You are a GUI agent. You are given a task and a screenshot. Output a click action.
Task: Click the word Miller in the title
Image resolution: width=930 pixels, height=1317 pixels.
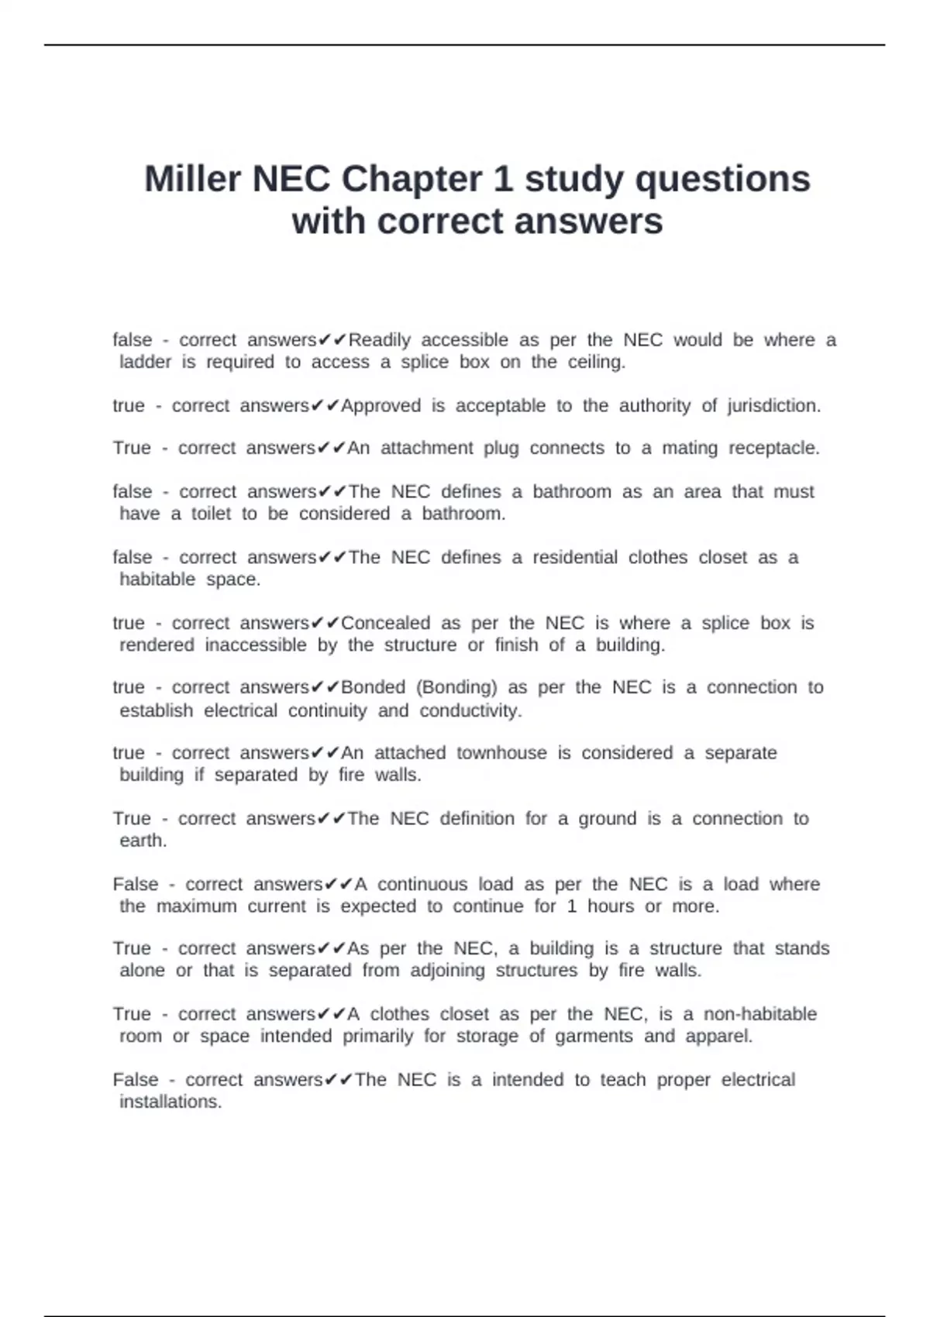pyautogui.click(x=193, y=179)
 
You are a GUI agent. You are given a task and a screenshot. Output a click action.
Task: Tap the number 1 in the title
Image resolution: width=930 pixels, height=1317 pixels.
pyautogui.click(x=503, y=179)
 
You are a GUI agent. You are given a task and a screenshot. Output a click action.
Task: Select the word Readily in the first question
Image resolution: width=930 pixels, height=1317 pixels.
pyautogui.click(x=379, y=340)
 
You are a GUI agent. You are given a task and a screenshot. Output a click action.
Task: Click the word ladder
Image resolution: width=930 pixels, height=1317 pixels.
pyautogui.click(x=145, y=362)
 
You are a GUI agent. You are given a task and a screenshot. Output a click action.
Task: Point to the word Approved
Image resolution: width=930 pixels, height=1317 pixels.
pyautogui.click(x=381, y=406)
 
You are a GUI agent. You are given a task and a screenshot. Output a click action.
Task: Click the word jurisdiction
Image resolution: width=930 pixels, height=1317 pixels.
pyautogui.click(x=773, y=406)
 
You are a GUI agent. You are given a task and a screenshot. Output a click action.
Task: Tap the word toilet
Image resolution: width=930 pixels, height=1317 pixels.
pyautogui.click(x=211, y=514)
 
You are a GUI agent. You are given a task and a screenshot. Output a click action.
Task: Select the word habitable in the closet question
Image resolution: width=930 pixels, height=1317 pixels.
pyautogui.click(x=157, y=579)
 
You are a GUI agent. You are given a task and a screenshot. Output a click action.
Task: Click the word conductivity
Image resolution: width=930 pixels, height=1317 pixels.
pyautogui.click(x=470, y=710)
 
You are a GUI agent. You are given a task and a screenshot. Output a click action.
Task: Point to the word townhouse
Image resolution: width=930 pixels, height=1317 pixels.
pyautogui.click(x=501, y=753)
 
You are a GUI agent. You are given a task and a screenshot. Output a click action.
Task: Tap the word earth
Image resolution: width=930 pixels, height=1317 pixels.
pyautogui.click(x=143, y=841)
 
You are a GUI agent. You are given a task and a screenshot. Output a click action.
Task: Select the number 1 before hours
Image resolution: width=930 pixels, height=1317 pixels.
pyautogui.click(x=572, y=906)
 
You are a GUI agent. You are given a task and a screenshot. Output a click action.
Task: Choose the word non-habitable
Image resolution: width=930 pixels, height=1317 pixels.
pyautogui.click(x=759, y=1014)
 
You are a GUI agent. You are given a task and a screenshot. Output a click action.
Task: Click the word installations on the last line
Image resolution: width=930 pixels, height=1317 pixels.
pyautogui.click(x=170, y=1102)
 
